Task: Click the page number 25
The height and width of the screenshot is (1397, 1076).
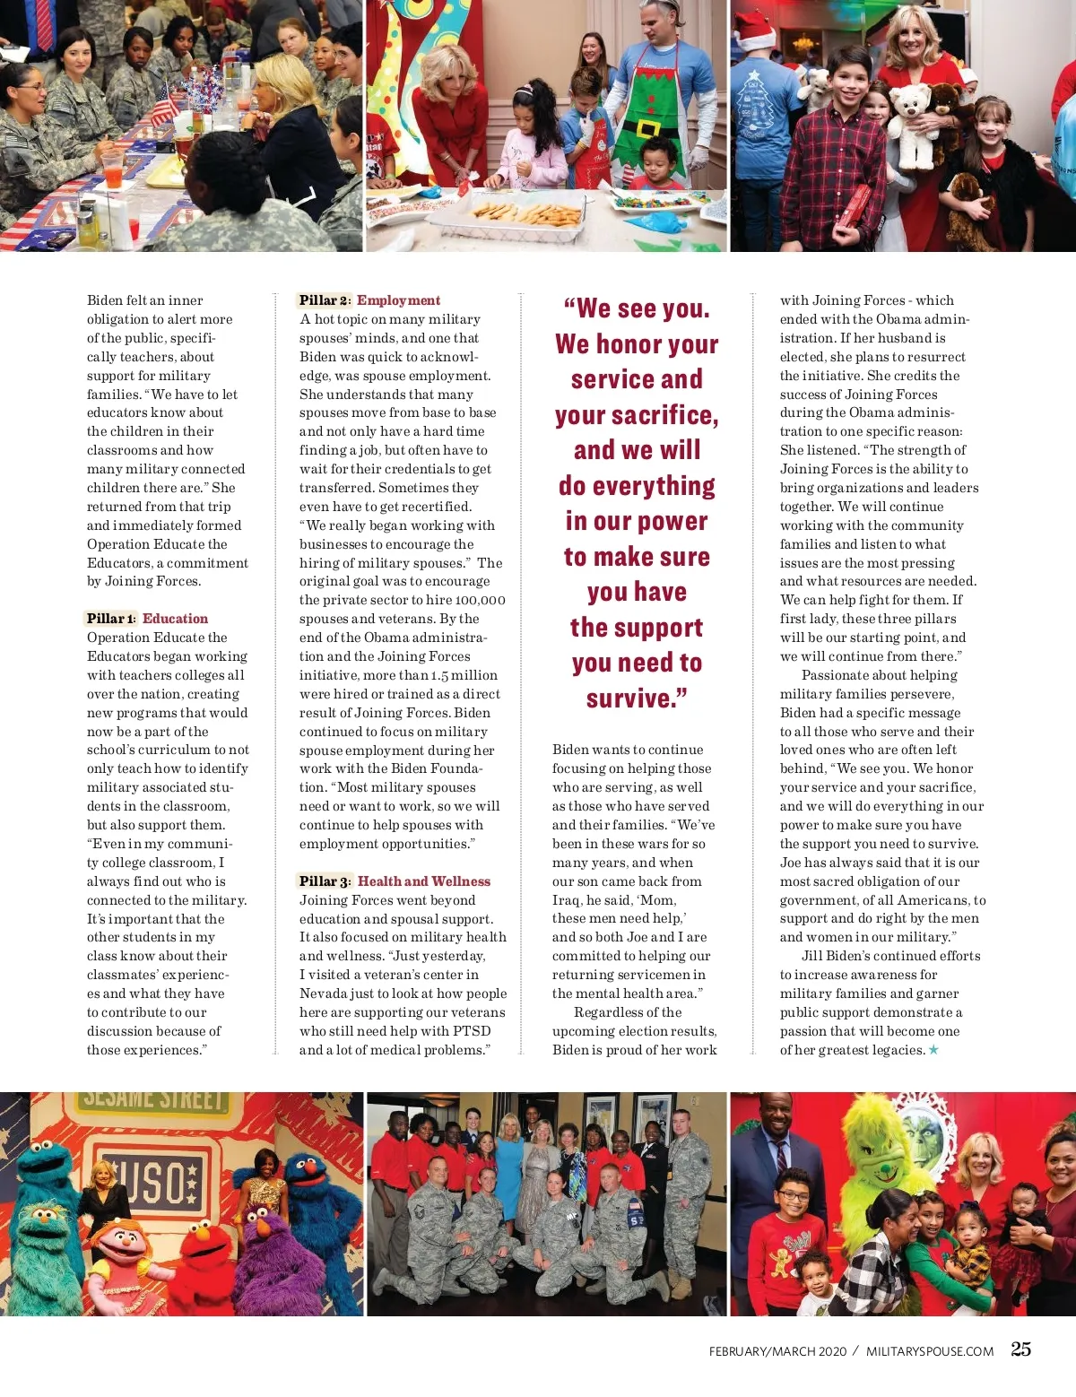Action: click(1020, 1349)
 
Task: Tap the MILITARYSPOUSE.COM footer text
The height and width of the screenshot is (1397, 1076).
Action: click(930, 1351)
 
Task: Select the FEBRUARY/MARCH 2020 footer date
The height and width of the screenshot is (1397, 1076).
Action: click(777, 1351)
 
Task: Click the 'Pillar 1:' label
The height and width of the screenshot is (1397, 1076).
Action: click(112, 619)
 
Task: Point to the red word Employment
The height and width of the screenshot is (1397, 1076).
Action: click(399, 300)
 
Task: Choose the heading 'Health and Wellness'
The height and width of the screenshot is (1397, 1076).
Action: click(424, 881)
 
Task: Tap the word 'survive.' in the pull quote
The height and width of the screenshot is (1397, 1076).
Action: click(637, 698)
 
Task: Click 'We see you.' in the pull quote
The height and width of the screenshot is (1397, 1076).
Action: click(637, 308)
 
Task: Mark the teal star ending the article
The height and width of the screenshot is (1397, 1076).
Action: click(933, 1050)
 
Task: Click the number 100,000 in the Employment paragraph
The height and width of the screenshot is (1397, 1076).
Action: click(480, 600)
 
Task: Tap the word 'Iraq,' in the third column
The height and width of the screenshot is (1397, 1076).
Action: click(567, 900)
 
